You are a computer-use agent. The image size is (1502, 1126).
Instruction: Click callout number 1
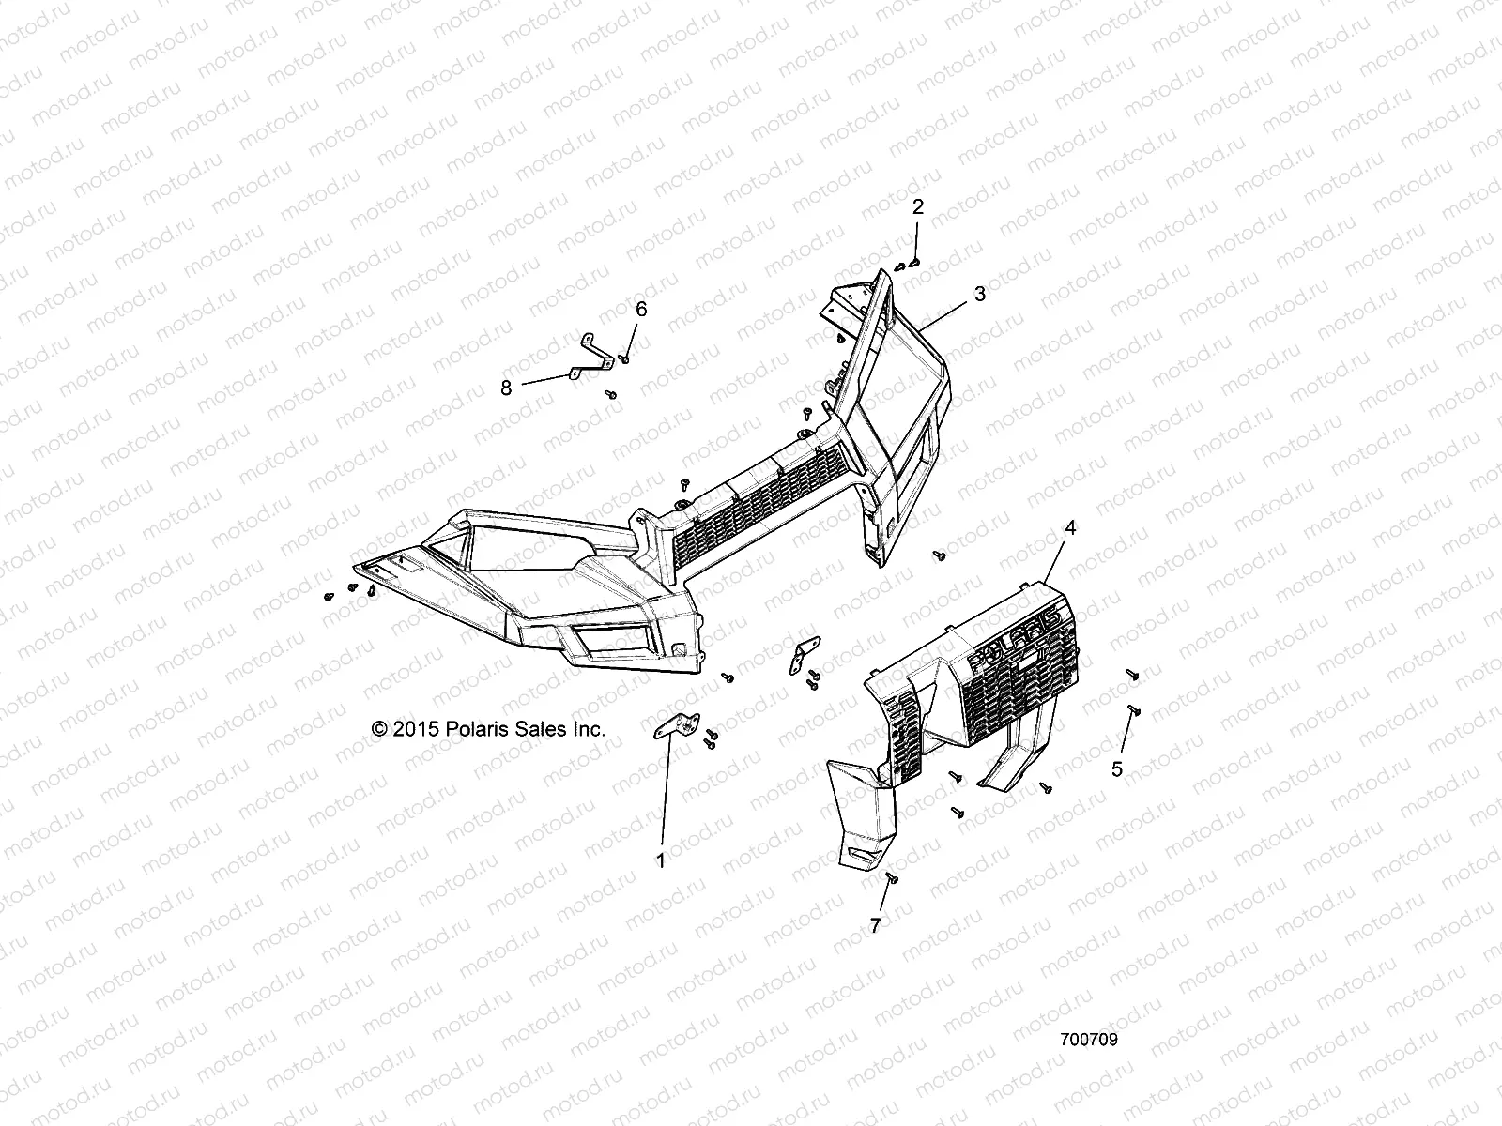(x=660, y=860)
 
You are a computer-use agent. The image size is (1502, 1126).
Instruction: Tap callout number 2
(x=918, y=207)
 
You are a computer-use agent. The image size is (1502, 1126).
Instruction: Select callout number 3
(x=979, y=294)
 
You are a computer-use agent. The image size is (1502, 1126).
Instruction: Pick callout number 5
(x=1116, y=769)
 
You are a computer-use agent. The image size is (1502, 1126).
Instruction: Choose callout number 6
(x=641, y=309)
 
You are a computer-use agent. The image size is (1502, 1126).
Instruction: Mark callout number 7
(x=875, y=926)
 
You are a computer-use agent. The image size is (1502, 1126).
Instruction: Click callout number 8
(x=506, y=387)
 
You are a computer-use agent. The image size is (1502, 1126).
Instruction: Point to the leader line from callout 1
(x=665, y=798)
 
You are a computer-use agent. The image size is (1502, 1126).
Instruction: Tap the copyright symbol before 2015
(x=379, y=729)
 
